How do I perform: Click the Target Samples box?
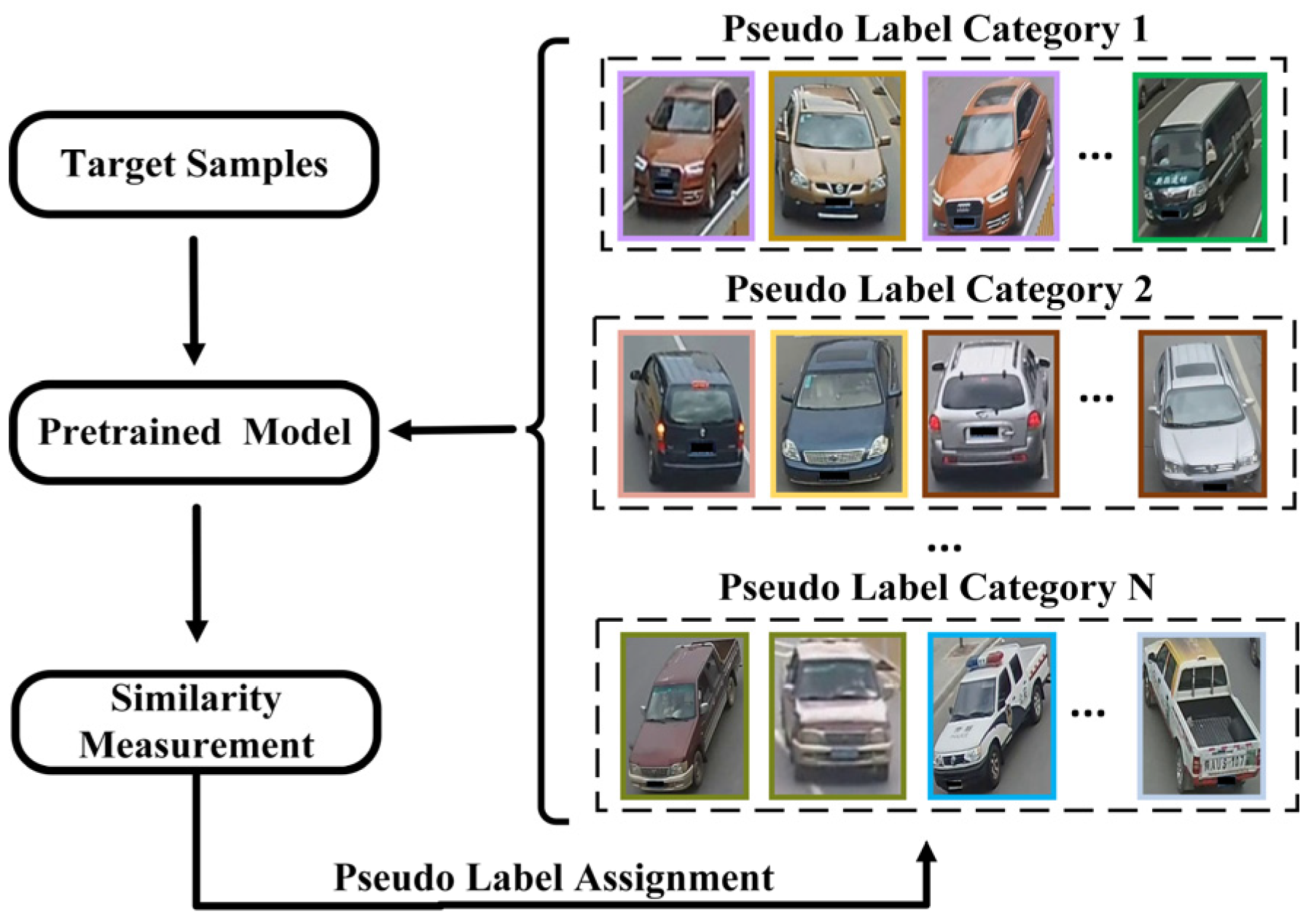[194, 164]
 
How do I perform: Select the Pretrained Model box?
[194, 432]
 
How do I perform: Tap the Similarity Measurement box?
[196, 722]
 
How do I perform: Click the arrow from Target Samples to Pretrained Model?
[194, 299]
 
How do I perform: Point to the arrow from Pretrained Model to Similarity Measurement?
[197, 572]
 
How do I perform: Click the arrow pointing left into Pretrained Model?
[452, 430]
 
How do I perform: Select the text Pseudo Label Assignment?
[554, 878]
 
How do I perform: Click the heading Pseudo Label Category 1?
[935, 31]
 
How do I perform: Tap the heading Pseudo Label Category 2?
[939, 290]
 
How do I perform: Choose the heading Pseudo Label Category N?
[936, 588]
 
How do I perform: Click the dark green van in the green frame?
[1200, 157]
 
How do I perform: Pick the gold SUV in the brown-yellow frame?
[837, 156]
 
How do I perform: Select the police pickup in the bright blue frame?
[991, 716]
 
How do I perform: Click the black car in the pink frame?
[686, 414]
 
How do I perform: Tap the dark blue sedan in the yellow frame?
[839, 414]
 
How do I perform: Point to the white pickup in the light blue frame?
[1201, 716]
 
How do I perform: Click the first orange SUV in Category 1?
[686, 156]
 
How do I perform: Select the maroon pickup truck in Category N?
[684, 716]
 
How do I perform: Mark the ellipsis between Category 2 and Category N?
[944, 547]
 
